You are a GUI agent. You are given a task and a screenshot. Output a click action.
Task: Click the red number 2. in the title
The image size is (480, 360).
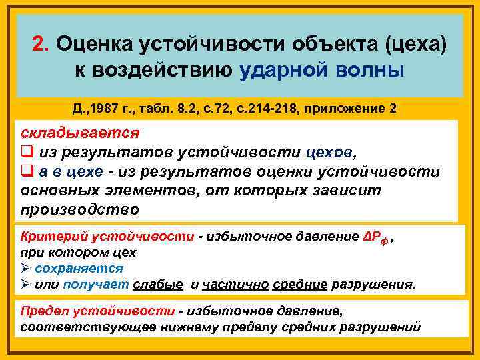41,43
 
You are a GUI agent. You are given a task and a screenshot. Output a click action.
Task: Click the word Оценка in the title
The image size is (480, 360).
94,43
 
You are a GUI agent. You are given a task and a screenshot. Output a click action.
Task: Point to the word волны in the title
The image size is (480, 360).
369,69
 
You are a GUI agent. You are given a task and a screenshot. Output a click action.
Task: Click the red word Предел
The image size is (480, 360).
42,311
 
